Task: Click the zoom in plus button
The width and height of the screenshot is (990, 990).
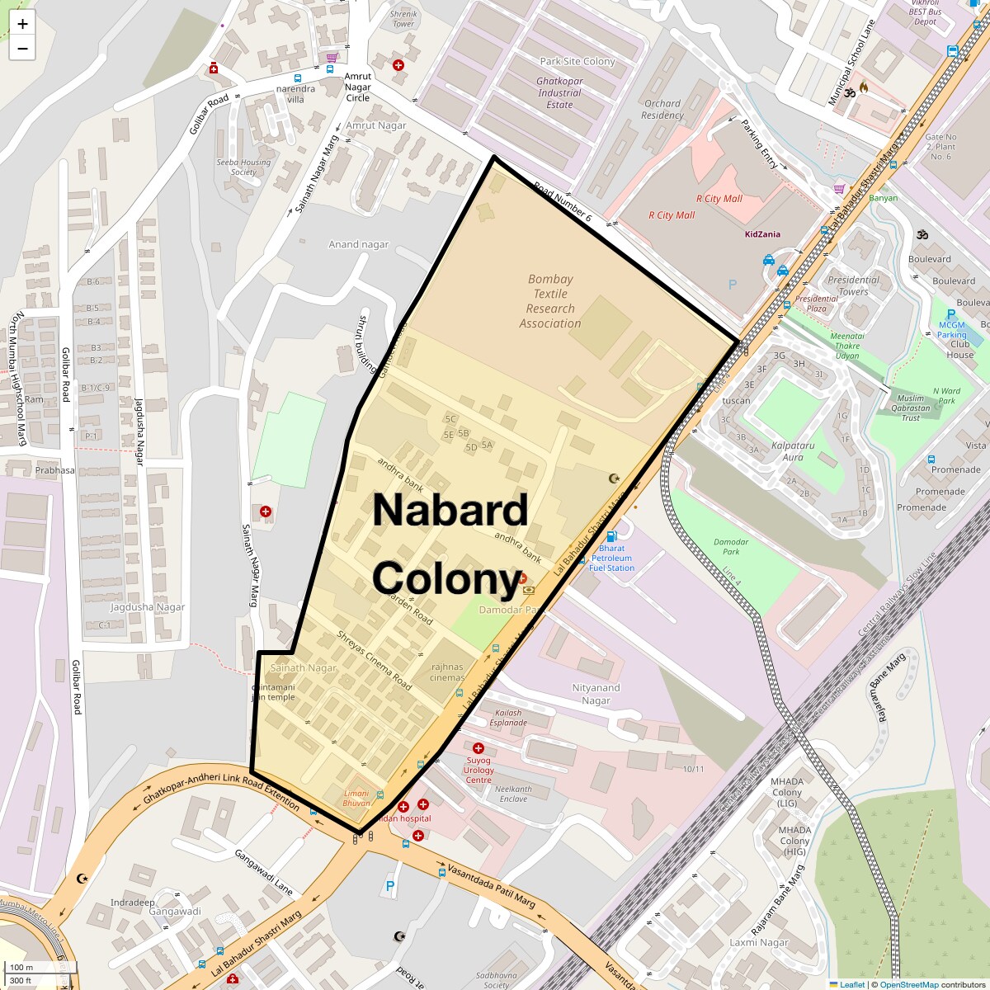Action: coord(22,24)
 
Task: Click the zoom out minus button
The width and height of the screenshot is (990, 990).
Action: coord(22,48)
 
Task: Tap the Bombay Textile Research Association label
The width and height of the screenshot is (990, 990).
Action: coord(550,301)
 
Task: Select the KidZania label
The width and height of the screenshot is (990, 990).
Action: coord(761,234)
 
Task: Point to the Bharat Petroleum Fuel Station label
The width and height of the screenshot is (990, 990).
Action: coord(611,558)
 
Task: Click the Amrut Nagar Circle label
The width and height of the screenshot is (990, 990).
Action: coord(357,87)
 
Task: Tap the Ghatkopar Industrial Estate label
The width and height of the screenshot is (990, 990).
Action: coord(559,93)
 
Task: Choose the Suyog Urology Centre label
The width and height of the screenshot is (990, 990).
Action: coord(478,770)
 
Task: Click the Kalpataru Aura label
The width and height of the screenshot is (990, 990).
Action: coord(792,451)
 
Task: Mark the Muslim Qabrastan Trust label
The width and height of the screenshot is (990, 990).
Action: coord(910,408)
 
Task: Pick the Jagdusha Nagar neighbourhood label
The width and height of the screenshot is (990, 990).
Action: coord(147,607)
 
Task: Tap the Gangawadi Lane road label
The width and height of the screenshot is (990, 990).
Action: coord(263,873)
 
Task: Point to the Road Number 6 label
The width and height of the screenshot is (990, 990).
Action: coord(562,202)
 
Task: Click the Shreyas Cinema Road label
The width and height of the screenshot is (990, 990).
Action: coord(374,661)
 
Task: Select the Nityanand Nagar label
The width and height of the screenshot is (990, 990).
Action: coord(596,694)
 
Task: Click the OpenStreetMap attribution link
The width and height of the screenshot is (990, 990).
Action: coord(908,984)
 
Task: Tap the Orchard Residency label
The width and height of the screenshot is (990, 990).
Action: coord(662,110)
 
